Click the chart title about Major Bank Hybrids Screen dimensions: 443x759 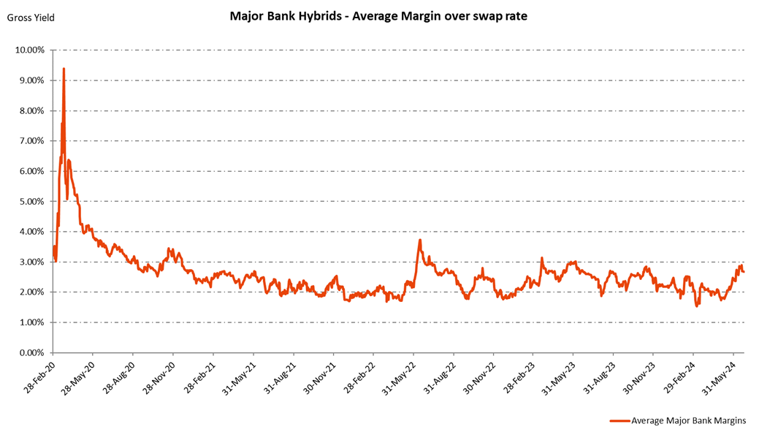[x=378, y=16]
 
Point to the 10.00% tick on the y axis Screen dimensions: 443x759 [x=29, y=50]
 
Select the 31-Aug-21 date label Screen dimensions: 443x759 [x=281, y=375]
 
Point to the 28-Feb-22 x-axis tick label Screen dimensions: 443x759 [x=361, y=375]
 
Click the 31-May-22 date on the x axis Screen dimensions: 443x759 [x=402, y=375]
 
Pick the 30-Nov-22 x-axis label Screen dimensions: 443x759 [x=482, y=375]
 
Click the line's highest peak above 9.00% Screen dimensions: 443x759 [x=64, y=69]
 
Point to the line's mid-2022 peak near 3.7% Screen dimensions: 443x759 [x=420, y=240]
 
